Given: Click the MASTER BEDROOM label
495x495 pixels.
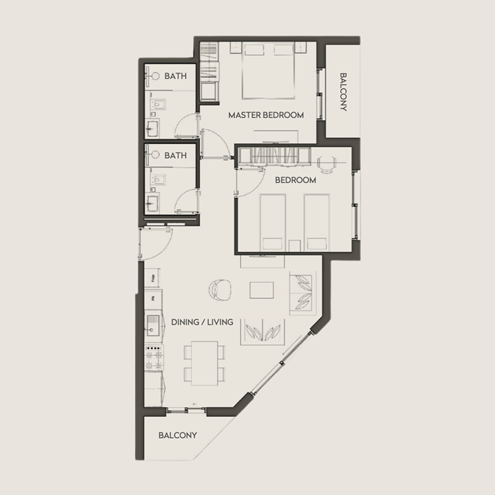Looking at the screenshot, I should click(x=265, y=115).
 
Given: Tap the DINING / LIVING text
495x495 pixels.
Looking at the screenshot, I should click(x=203, y=322).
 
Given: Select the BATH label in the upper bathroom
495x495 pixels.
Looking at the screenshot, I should click(x=175, y=77).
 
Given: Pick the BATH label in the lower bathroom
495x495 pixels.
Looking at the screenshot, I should click(x=175, y=156).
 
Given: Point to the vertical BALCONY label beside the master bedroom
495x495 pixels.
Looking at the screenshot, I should click(x=343, y=93).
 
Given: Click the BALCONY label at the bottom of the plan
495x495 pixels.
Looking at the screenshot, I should click(x=178, y=435).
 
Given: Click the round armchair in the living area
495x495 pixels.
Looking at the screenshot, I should click(x=220, y=290).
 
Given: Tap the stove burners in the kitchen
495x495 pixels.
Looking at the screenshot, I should click(x=152, y=358).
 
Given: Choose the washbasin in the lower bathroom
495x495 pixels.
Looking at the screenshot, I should click(x=152, y=201).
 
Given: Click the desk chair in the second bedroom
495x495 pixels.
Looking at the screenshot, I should click(x=327, y=162).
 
